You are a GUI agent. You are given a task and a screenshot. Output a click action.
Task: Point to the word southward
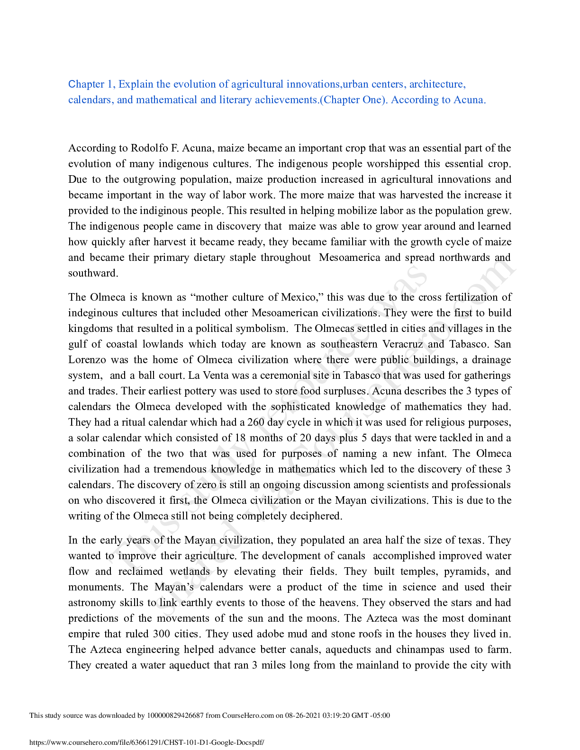click(92, 273)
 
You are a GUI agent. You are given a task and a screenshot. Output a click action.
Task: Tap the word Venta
click(216, 375)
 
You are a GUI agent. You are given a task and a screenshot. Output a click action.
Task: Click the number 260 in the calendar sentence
click(256, 422)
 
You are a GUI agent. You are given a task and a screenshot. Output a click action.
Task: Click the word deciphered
click(316, 516)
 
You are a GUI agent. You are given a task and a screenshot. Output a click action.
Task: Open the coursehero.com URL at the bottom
click(147, 742)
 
